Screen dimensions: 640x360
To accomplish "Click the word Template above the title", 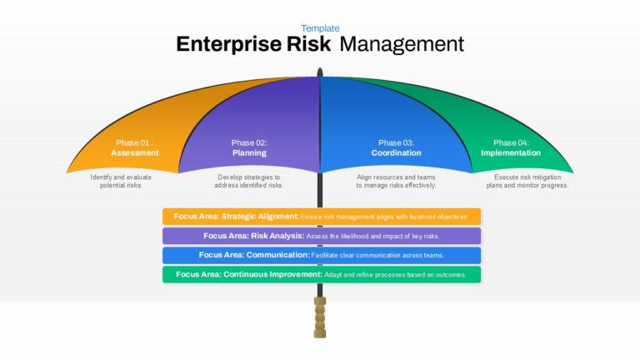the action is coord(320,28).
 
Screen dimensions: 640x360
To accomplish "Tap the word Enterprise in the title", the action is coord(228,44).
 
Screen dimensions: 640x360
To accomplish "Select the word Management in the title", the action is coord(402,44).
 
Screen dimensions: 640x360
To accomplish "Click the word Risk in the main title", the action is coord(308,43).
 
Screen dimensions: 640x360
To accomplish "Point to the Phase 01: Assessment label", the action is coord(135,147).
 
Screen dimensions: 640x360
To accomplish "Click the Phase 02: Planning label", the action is coord(249,147).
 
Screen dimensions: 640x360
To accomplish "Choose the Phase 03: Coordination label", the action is coord(396,147).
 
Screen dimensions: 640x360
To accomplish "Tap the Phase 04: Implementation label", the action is coord(511,147).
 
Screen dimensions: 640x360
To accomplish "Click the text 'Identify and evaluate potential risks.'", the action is coord(121,181).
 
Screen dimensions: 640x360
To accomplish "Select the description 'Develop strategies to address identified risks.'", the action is coord(249,181).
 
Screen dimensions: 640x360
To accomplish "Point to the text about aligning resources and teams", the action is coord(396,181).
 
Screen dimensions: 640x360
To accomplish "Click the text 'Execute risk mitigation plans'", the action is coord(527,181).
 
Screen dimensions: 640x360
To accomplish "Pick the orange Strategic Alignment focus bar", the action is coord(322,217).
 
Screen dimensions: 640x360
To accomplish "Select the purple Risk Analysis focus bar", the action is coord(322,236).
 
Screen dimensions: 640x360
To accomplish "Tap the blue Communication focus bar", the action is coord(322,255).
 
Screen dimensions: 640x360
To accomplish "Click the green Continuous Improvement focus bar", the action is coord(322,274).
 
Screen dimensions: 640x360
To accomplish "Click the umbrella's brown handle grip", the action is coord(320,317).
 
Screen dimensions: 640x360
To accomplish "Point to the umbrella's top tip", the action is coord(320,68).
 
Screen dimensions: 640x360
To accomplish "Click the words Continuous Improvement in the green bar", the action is coord(272,274).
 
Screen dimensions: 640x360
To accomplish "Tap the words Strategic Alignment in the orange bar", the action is coord(260,217).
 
